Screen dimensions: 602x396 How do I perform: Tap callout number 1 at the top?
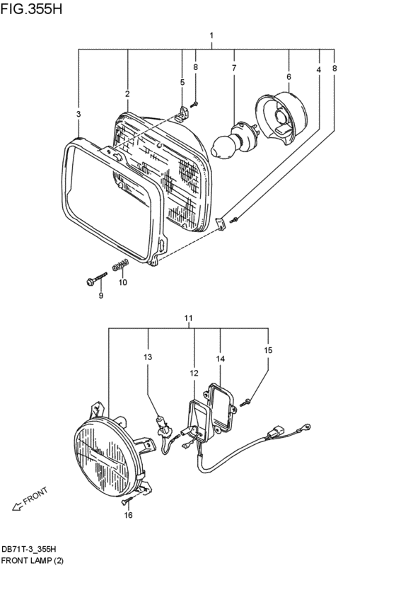pyautogui.click(x=211, y=35)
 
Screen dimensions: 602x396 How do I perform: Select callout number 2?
pyautogui.click(x=127, y=93)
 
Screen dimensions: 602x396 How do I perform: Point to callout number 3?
pyautogui.click(x=78, y=114)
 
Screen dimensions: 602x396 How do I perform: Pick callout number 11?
pyautogui.click(x=189, y=319)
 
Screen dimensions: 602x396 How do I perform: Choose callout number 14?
pyautogui.click(x=220, y=359)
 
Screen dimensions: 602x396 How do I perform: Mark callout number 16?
pyautogui.click(x=128, y=516)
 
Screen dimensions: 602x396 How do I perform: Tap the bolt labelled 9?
pyautogui.click(x=95, y=281)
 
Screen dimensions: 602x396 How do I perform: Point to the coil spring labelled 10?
pyautogui.click(x=121, y=267)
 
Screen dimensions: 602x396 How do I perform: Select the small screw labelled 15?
pyautogui.click(x=245, y=403)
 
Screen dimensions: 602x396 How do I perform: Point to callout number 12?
pyautogui.click(x=194, y=373)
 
